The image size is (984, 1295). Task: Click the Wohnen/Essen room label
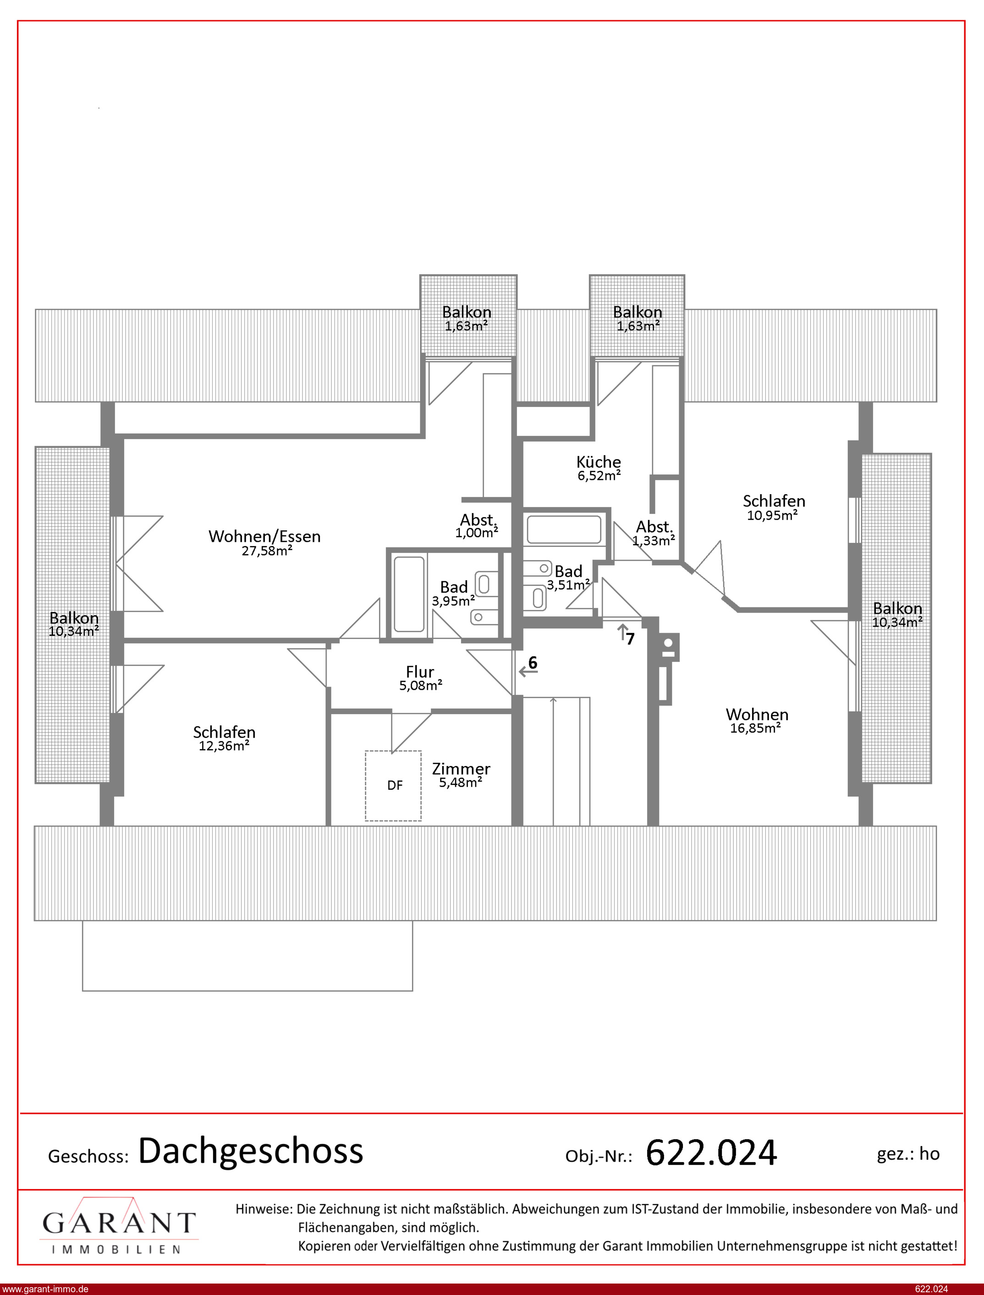(x=265, y=536)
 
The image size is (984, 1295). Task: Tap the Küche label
(x=599, y=462)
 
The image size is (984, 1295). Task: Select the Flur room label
(x=420, y=672)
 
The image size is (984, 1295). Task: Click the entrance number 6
(x=533, y=662)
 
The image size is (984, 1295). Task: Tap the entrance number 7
(x=630, y=639)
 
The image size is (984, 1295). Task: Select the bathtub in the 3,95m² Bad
(x=409, y=594)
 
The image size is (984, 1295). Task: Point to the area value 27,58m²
(x=267, y=551)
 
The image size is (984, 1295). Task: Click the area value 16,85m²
(x=756, y=728)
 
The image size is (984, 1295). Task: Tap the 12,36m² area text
(x=224, y=746)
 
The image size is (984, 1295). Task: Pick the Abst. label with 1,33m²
(x=654, y=527)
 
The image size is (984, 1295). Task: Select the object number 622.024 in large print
(x=711, y=1153)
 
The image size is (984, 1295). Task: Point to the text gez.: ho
(x=908, y=1154)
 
